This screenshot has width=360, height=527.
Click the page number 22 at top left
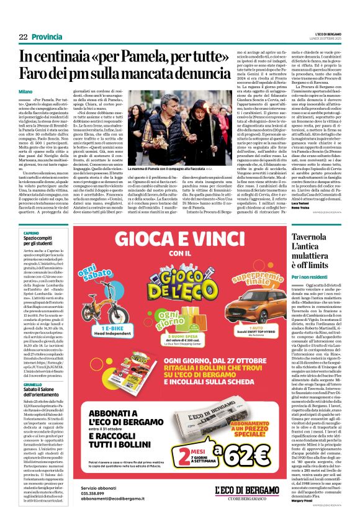click(22, 37)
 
